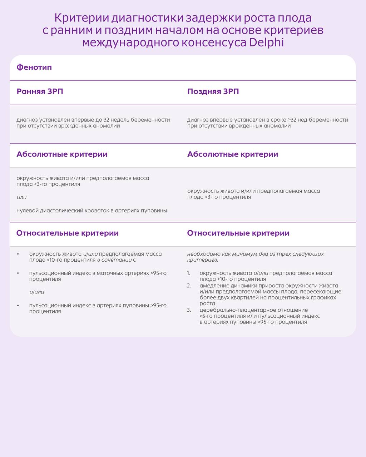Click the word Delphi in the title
pos(266,42)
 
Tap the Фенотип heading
pos(34,67)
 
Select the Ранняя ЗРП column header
pos(40,91)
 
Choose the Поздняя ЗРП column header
pos(213,91)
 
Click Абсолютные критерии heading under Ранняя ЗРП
pos(62,154)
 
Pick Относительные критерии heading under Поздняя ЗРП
pos(238,233)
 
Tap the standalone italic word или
pos(21,197)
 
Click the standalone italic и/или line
pos(37,292)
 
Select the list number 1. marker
pos(189,273)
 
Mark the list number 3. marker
pos(189,310)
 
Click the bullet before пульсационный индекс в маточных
pos(18,273)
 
